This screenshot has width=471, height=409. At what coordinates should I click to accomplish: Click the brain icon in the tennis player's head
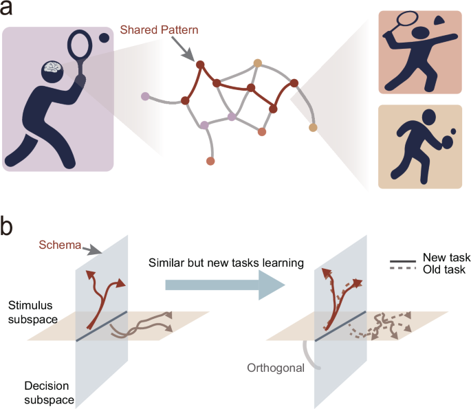[54, 68]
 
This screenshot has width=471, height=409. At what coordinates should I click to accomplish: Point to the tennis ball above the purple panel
[105, 39]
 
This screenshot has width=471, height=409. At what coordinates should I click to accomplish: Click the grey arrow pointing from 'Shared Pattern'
[184, 49]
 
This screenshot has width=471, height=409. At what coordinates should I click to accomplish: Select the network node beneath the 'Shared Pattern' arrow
[200, 65]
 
